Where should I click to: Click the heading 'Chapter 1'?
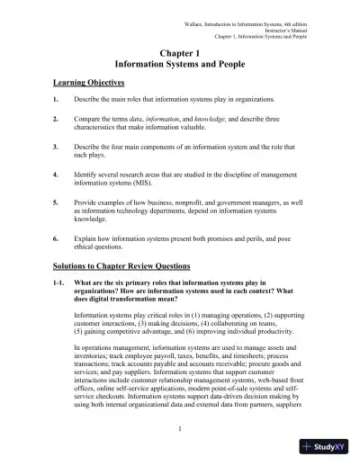[179, 54]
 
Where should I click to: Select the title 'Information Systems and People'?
[179, 67]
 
